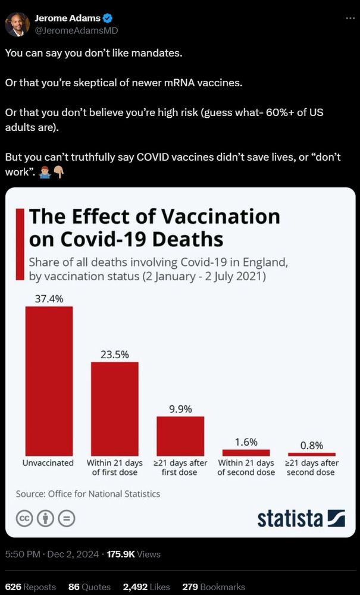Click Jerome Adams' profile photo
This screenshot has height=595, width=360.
(x=17, y=24)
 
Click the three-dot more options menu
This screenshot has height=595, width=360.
(x=350, y=18)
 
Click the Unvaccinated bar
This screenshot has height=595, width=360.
(x=49, y=381)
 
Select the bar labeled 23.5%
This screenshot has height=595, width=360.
(x=114, y=409)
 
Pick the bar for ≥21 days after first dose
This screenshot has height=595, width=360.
(x=180, y=436)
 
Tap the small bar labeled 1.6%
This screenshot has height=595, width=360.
(x=246, y=453)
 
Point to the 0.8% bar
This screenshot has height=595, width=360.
(x=311, y=454)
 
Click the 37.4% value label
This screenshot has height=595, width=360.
(x=49, y=299)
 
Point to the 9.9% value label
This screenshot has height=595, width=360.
(x=180, y=409)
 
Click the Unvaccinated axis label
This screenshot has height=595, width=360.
(x=48, y=462)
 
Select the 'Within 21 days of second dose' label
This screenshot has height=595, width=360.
(x=246, y=467)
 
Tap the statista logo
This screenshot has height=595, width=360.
(x=301, y=518)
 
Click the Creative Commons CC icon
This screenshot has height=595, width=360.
(x=24, y=518)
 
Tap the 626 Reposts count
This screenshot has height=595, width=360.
(x=30, y=587)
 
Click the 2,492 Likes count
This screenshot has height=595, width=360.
(x=146, y=587)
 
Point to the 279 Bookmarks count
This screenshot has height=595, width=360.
(x=205, y=587)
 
